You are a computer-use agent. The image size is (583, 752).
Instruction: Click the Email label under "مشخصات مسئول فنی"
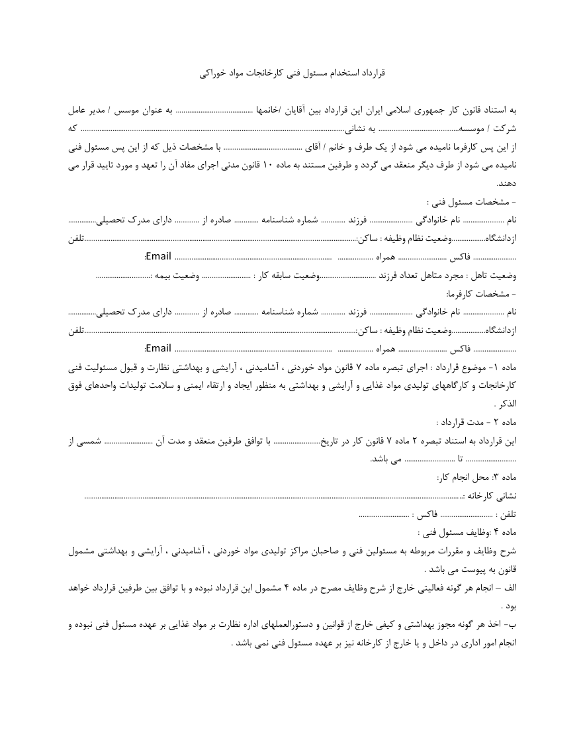(x=158, y=256)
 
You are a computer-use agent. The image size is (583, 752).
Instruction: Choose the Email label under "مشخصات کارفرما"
(x=158, y=348)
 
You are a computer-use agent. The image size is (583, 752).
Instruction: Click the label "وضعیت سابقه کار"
(x=288, y=275)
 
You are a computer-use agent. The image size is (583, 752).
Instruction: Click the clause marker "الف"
(x=510, y=587)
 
